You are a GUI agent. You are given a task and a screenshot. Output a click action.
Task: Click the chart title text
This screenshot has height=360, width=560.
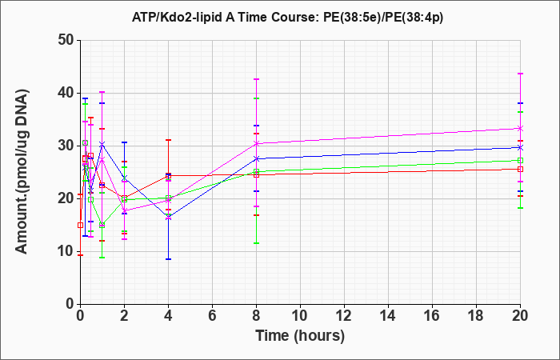point(287,17)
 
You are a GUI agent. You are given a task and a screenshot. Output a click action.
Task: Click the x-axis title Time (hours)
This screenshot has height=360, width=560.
point(300,336)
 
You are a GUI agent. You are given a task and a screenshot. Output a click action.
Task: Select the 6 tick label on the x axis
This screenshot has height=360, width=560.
point(213,315)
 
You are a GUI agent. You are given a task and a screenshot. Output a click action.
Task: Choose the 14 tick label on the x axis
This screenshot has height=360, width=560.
point(388,315)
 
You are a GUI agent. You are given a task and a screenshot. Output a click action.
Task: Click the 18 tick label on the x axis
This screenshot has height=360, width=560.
point(477,315)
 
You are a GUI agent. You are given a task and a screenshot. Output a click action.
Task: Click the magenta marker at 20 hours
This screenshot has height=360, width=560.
point(520,128)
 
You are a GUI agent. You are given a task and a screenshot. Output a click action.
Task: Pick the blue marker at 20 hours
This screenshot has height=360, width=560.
point(520,147)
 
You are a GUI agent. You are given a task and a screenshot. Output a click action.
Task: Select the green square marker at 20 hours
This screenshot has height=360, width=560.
point(520,160)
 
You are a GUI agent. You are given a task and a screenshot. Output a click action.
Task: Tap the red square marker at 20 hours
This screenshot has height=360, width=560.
point(520,170)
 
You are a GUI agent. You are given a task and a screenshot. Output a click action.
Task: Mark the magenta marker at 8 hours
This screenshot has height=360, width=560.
point(257,143)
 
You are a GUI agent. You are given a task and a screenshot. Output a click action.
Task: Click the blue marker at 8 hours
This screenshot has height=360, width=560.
point(257,158)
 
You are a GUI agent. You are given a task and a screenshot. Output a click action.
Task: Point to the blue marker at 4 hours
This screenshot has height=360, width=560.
point(168,217)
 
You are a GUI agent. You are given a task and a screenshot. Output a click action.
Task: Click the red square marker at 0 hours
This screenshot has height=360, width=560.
point(80,226)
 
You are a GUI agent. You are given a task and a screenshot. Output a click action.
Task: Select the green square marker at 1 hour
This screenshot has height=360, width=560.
point(102,225)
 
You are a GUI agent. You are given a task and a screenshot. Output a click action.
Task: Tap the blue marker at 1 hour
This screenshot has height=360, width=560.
point(102,144)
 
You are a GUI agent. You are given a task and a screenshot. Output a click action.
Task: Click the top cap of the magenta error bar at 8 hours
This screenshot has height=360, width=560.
point(257,79)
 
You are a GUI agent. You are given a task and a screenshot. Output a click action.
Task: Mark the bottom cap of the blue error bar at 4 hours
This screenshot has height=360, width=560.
point(168,259)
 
